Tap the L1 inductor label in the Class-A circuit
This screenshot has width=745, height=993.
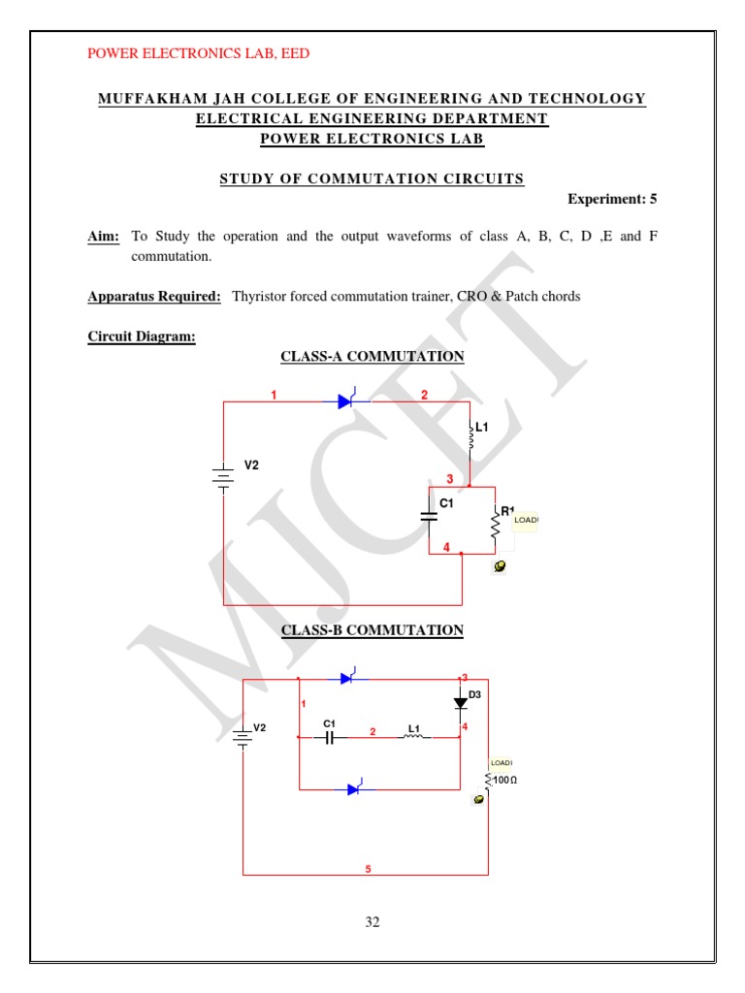pos(482,427)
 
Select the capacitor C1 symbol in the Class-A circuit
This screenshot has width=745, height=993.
pos(429,517)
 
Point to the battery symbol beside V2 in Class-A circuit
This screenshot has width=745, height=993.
pos(224,475)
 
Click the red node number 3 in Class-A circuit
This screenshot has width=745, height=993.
pos(449,479)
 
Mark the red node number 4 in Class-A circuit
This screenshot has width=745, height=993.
pos(446,548)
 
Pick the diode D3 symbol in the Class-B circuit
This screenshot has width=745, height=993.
pos(461,703)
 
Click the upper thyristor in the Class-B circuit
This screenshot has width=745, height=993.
pos(348,679)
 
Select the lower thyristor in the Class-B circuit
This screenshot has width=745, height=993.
pos(355,789)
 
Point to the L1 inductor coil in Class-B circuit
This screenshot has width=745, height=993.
pos(413,736)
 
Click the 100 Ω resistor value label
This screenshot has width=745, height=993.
pos(504,780)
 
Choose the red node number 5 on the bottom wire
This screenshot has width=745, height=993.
pos(368,869)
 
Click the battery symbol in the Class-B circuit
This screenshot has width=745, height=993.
pos(243,737)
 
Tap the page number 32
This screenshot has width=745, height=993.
pos(372,922)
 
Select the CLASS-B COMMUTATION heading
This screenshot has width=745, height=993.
pos(372,630)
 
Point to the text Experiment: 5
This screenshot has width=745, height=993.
pos(612,199)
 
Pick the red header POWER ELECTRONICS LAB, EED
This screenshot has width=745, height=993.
pos(199,53)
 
